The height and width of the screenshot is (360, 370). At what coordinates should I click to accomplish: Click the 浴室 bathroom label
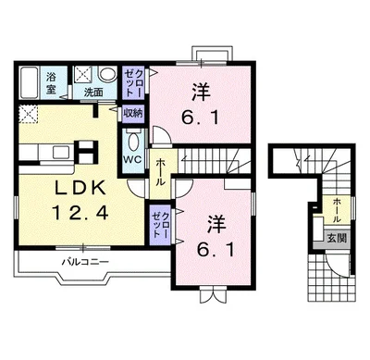point(51,83)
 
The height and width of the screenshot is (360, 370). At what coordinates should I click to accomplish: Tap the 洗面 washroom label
point(93,93)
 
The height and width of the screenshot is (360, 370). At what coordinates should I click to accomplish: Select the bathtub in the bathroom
point(29,82)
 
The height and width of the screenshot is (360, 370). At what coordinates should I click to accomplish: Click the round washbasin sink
point(107,75)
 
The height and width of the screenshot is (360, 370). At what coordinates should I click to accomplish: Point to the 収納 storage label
point(133,113)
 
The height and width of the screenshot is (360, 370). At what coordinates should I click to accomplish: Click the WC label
point(132,159)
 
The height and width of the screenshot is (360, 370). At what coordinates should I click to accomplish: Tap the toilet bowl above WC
point(133,141)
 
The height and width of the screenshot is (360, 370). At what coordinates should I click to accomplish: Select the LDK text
point(80,187)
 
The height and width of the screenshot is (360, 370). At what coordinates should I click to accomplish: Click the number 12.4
point(80,212)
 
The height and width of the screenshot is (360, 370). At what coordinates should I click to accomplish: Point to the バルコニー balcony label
point(85,262)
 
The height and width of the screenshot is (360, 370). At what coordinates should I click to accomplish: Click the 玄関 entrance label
point(337,238)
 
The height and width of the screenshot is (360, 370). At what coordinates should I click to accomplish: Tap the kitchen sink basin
point(61,153)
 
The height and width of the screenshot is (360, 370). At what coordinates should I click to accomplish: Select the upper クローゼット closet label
point(134,83)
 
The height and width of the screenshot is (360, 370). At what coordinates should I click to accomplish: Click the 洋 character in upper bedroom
point(201,92)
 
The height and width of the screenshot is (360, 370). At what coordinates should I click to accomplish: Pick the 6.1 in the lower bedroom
point(216,249)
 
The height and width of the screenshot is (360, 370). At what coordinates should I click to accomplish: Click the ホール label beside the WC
point(159,172)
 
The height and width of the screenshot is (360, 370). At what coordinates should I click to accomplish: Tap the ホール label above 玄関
point(337,210)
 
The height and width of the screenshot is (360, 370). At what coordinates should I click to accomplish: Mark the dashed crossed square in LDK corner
point(28,114)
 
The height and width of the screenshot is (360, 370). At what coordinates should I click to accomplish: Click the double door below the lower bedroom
point(213,294)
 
